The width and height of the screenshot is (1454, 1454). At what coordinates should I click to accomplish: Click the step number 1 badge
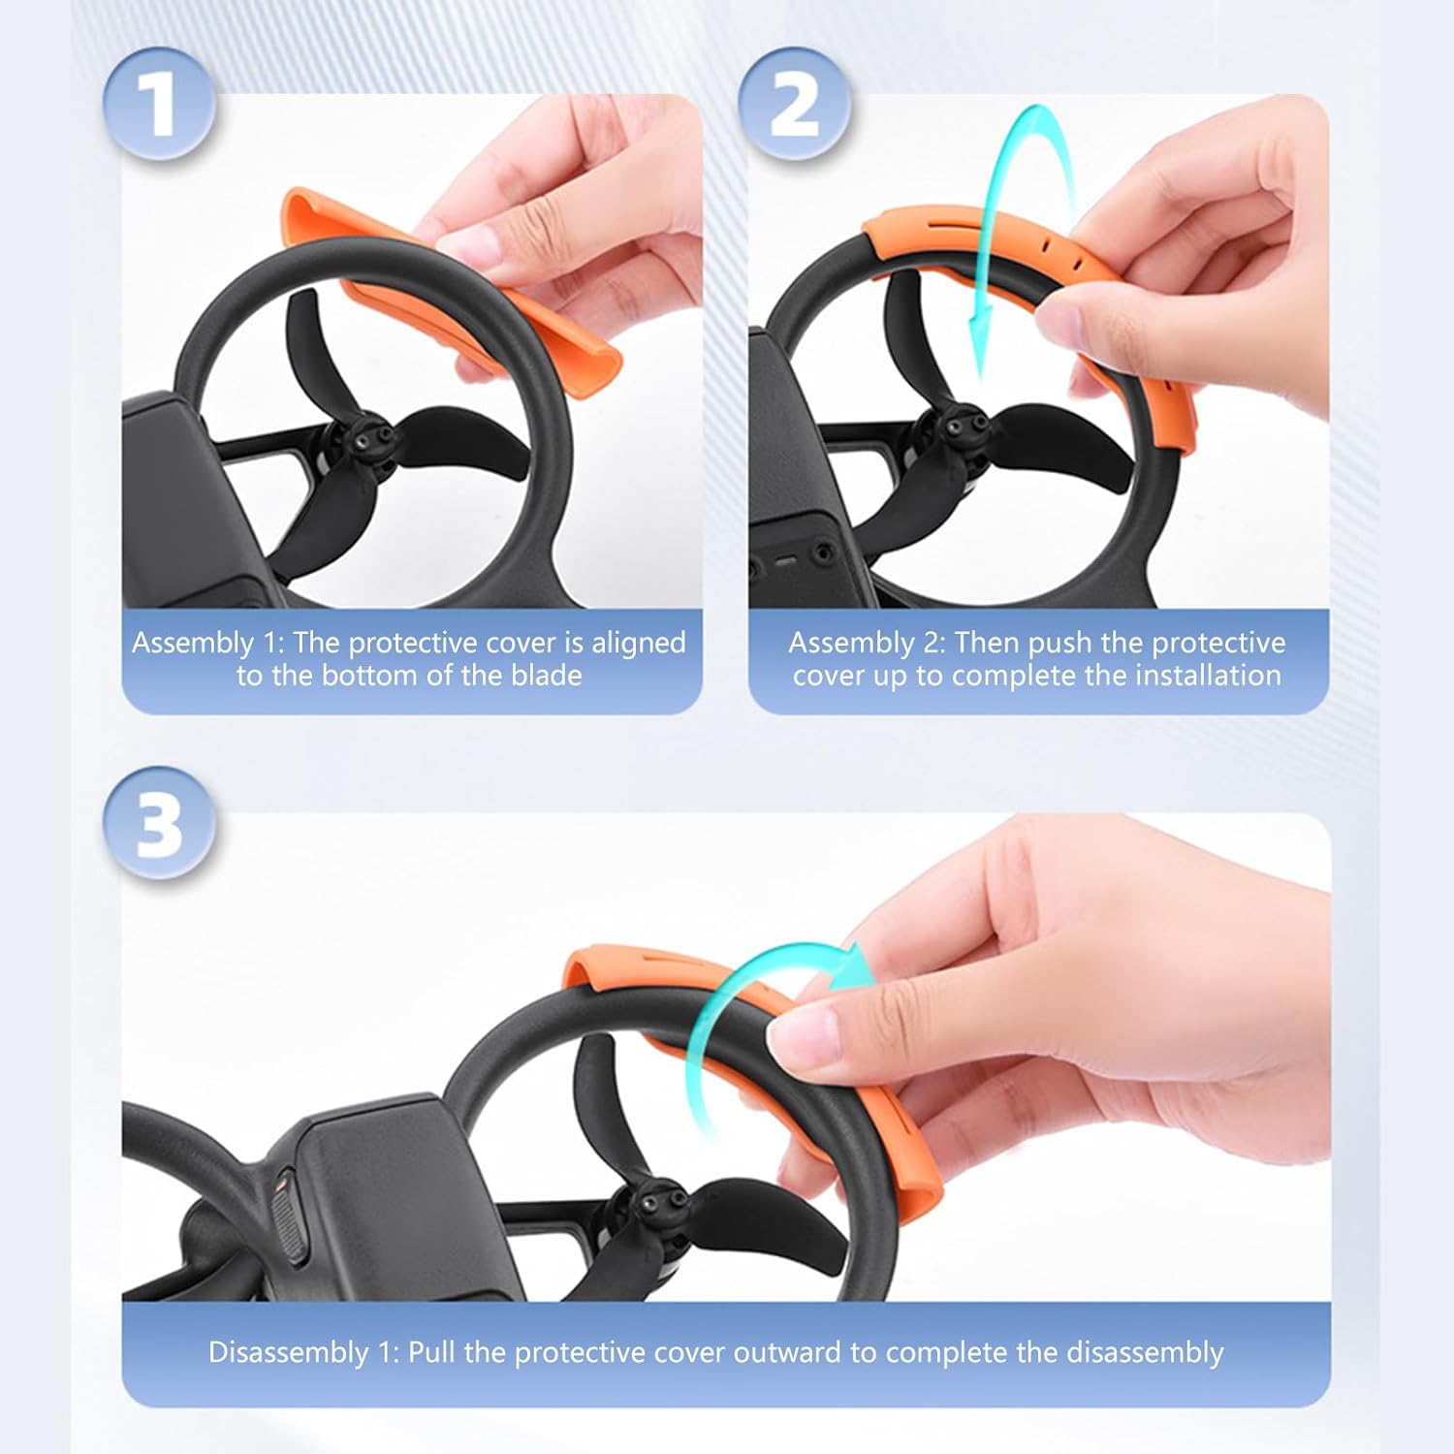tap(159, 105)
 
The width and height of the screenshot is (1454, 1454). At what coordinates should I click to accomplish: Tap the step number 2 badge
tap(794, 105)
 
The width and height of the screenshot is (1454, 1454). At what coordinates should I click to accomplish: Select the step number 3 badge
tap(159, 824)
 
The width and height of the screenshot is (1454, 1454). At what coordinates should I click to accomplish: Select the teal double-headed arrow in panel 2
tap(1018, 242)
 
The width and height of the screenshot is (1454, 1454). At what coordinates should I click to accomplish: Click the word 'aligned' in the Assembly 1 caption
tap(639, 643)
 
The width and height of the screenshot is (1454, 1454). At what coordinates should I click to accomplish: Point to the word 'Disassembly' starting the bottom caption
tap(288, 1352)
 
